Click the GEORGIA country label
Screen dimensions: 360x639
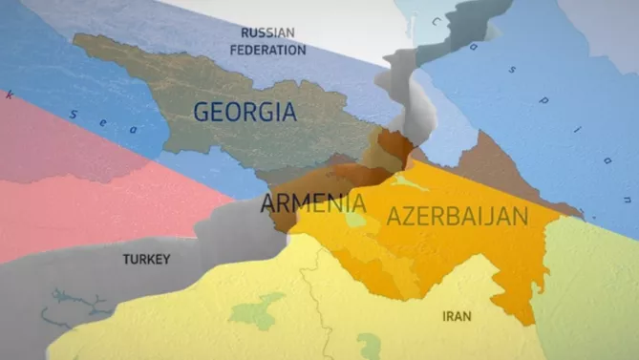[244, 111]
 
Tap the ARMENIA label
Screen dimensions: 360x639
[312, 203]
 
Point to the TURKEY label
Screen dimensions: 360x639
[146, 259]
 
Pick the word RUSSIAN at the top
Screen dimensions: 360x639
[267, 32]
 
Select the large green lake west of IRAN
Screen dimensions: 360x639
[256, 309]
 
